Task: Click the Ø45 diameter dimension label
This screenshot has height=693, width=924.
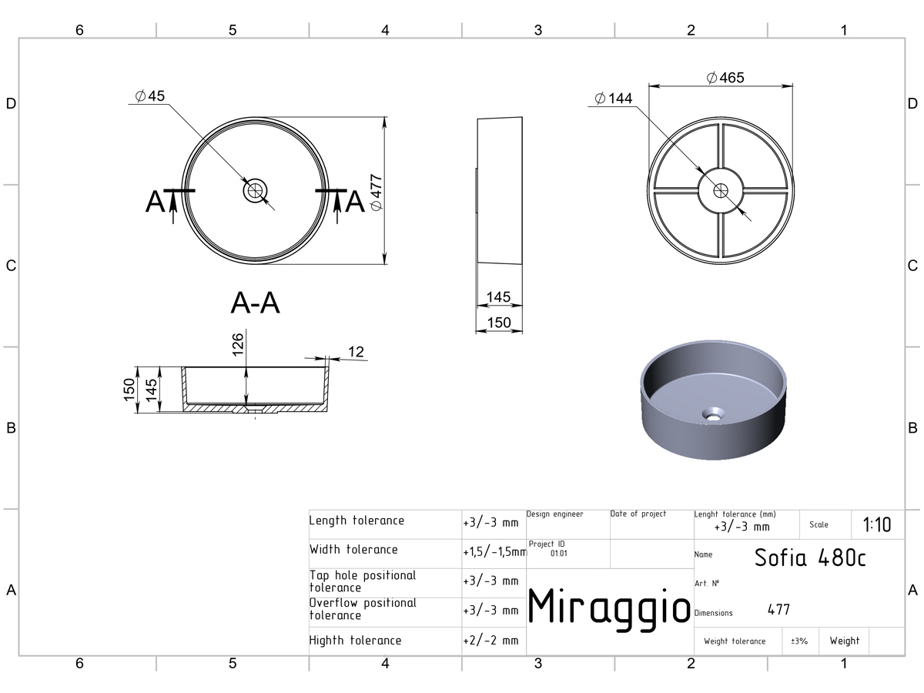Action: [x=150, y=96]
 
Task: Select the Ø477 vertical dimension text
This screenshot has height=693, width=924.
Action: [x=376, y=192]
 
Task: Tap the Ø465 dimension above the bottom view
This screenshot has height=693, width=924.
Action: [x=725, y=78]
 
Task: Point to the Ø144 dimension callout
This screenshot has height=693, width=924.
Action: [x=614, y=98]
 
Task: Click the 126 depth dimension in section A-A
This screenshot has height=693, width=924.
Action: [x=238, y=345]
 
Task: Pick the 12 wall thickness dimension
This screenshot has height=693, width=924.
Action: [x=356, y=352]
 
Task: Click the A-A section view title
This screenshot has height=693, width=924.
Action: [x=255, y=303]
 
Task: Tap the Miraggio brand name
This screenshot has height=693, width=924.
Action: [x=609, y=608]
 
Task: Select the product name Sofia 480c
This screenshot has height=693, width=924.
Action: [x=810, y=558]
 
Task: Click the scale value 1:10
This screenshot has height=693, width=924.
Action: [x=877, y=524]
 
